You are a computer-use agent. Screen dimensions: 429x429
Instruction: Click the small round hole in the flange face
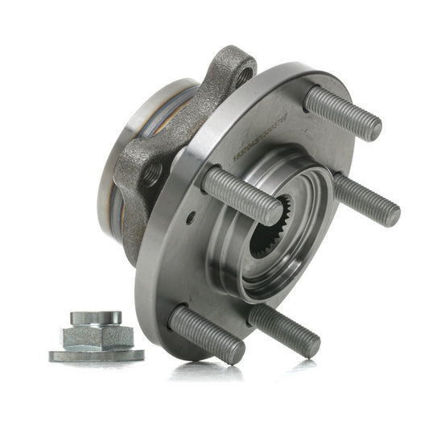coord(190,218)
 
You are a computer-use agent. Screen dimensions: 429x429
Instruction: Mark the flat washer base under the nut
coord(96,354)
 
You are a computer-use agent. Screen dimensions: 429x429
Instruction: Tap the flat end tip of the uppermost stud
coord(372,127)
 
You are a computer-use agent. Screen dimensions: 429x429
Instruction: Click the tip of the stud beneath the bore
coord(310,345)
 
